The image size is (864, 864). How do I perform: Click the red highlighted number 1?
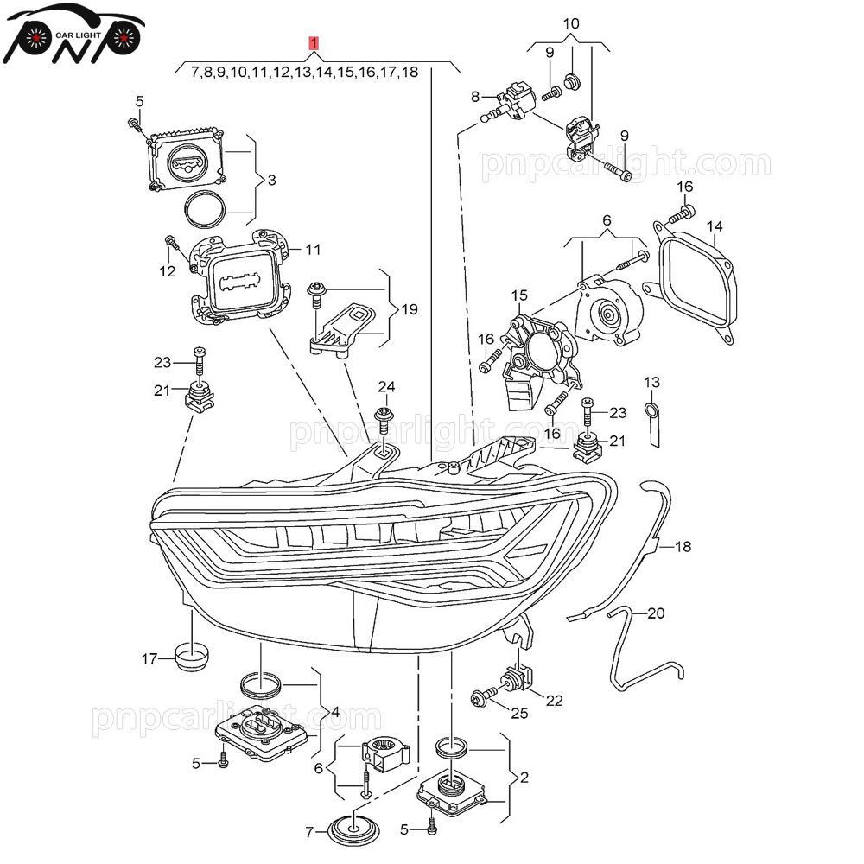point(315,42)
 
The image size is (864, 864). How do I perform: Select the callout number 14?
point(714,227)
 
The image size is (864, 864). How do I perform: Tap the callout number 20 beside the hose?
point(656,613)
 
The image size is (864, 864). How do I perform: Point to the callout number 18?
point(683,547)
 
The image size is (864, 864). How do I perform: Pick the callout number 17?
point(149,659)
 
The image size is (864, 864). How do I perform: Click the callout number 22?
point(554,700)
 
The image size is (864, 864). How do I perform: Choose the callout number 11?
point(312,250)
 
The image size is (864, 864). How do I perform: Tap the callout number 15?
point(518,296)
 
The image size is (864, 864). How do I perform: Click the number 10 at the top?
point(571,23)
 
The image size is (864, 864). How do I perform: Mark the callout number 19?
point(410,308)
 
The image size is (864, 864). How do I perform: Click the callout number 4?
point(334,713)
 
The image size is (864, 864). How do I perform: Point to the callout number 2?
point(524,778)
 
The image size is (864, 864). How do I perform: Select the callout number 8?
point(474,97)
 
